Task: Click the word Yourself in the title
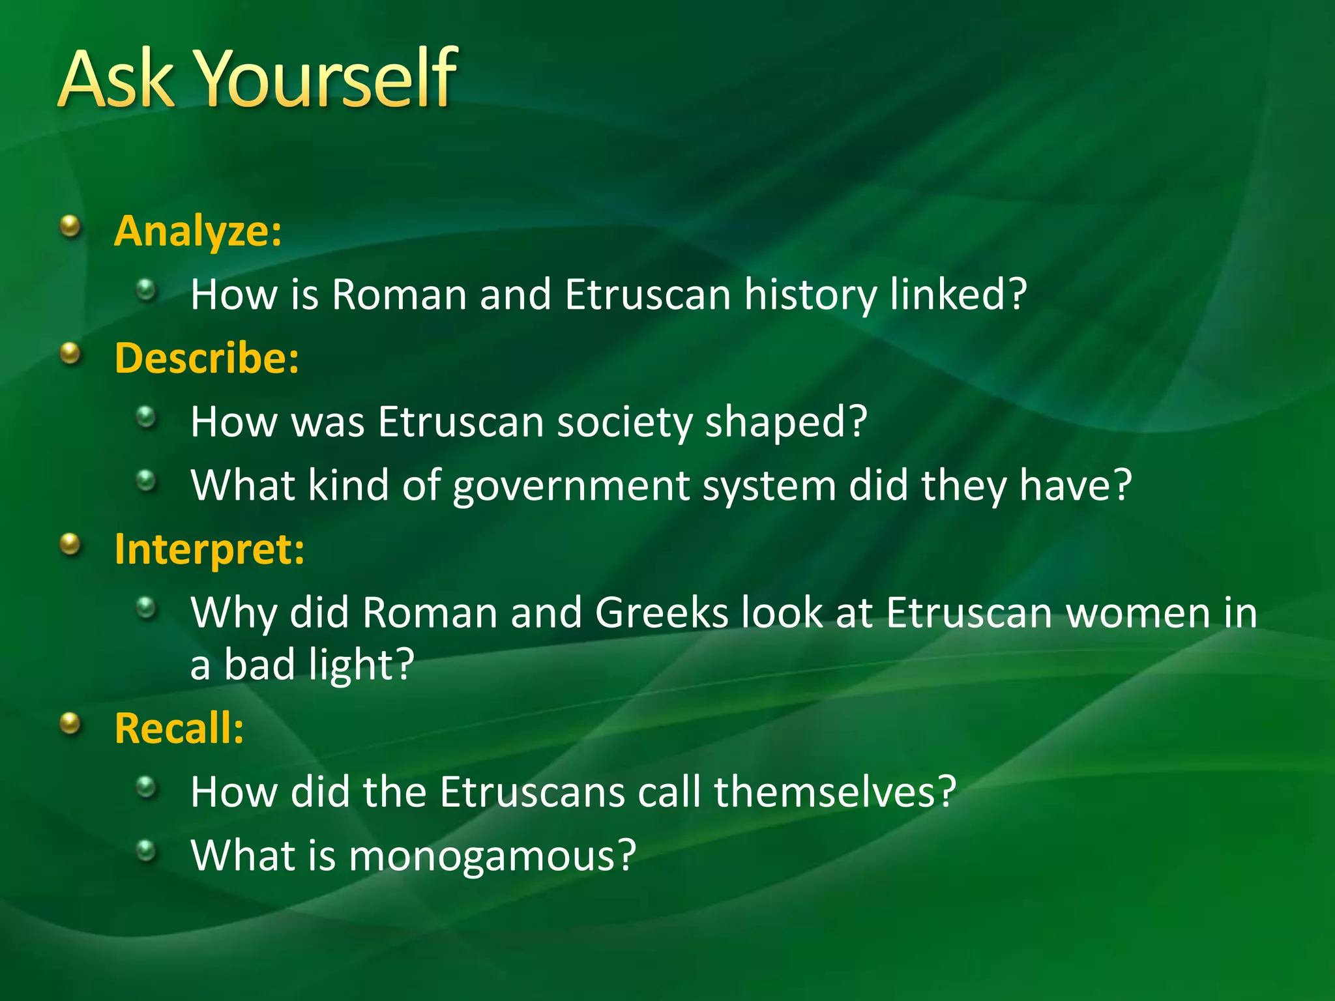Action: click(326, 80)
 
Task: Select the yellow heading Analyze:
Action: click(198, 231)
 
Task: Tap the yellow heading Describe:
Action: click(207, 358)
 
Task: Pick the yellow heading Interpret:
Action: click(209, 549)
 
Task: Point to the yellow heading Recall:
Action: click(179, 728)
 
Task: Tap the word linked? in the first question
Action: click(958, 295)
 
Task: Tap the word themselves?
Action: click(834, 792)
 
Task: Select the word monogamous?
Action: click(491, 856)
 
